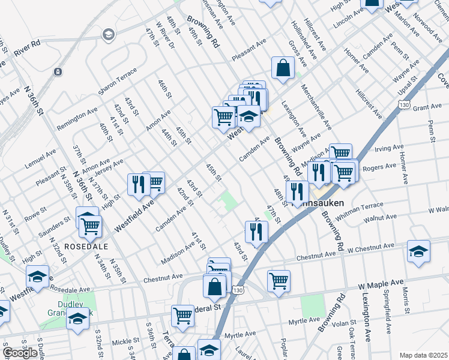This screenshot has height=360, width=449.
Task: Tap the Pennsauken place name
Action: coord(318,203)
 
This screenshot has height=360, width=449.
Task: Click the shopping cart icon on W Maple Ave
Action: coord(279,281)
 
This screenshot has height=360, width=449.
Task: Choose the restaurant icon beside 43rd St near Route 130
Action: coord(256,231)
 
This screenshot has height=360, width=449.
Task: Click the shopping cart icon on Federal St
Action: coord(182,316)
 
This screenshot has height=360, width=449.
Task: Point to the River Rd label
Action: coord(27,46)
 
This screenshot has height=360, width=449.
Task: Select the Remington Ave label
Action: coord(77,119)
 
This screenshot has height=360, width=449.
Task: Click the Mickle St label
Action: coord(125,342)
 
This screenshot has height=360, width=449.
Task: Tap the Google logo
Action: coord(20,353)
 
